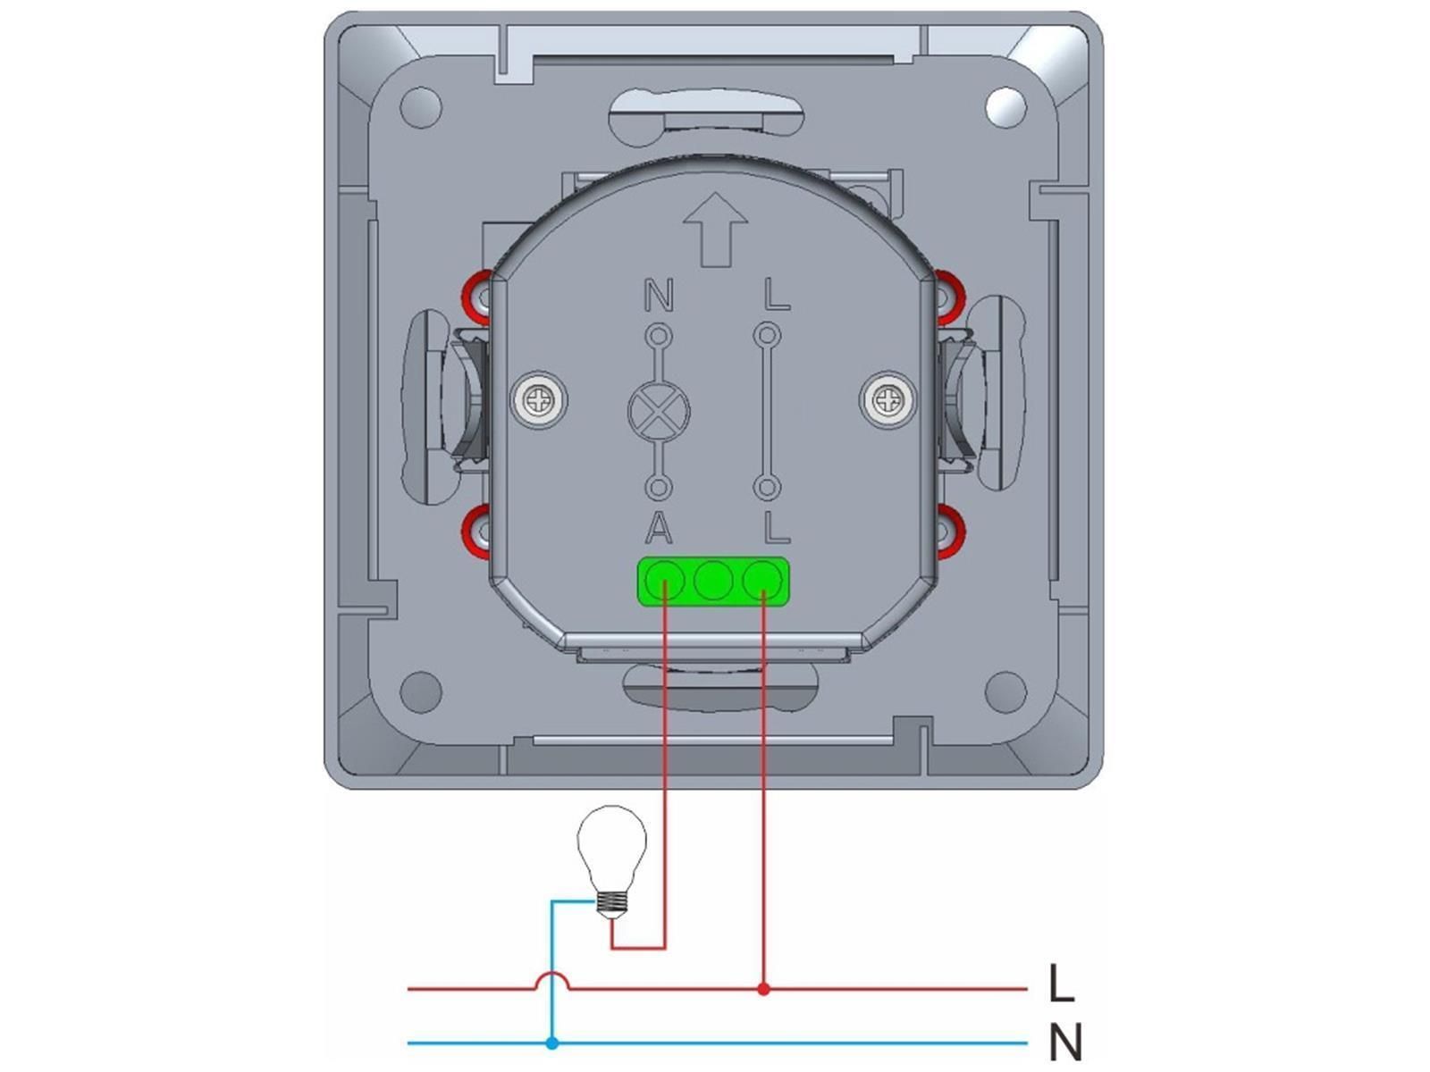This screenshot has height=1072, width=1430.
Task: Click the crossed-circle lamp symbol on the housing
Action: (x=659, y=411)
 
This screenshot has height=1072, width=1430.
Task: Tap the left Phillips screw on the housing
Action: (x=539, y=400)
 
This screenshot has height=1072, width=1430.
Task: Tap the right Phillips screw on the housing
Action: (x=887, y=399)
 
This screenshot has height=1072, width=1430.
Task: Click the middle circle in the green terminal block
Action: (x=713, y=581)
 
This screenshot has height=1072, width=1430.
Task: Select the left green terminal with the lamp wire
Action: (x=665, y=581)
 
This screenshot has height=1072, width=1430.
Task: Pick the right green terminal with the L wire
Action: (x=762, y=581)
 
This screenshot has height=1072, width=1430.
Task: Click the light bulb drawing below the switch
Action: (x=611, y=862)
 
